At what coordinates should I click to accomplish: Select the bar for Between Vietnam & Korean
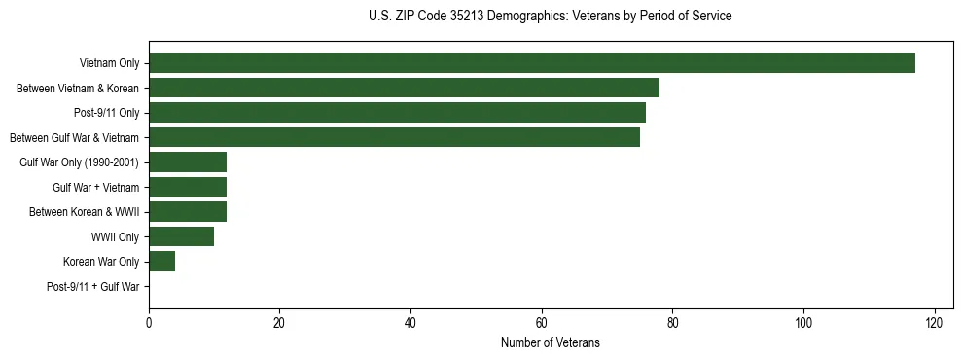pos(404,89)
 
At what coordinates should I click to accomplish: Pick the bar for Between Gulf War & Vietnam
pos(394,138)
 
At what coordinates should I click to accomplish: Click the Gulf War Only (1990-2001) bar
pos(188,162)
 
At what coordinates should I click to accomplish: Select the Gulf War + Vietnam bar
pos(188,187)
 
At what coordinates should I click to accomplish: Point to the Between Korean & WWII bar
pos(188,212)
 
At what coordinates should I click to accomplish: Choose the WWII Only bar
pos(181,236)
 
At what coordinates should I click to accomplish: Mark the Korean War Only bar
pos(161,262)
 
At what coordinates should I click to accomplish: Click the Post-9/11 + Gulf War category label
pos(93,287)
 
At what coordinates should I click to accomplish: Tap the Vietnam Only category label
pos(109,64)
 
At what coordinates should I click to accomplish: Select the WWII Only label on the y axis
pos(115,237)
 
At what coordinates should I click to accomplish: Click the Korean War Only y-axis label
pos(101,262)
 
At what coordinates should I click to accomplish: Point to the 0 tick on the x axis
pos(149,323)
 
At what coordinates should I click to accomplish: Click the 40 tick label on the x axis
pos(410,323)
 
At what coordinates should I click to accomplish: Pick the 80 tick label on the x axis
pos(672,323)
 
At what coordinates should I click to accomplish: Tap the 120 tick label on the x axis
pos(934,323)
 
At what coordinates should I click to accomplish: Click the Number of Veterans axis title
pos(550,343)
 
